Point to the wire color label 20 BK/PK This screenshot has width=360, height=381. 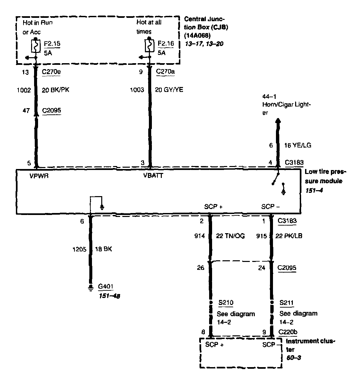point(56,90)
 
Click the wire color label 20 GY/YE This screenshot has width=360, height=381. point(169,90)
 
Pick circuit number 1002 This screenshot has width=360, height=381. point(24,90)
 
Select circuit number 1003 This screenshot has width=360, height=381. point(137,90)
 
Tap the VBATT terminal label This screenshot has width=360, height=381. point(153,176)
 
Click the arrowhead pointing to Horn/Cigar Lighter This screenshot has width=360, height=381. point(278,121)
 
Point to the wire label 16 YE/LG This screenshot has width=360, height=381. point(298,145)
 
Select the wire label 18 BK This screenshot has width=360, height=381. point(104,249)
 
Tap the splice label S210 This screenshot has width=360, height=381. point(226,303)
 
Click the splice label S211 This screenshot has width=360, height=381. point(286,303)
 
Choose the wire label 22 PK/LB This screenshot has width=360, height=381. point(289,236)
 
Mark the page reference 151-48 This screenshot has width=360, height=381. point(109,295)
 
